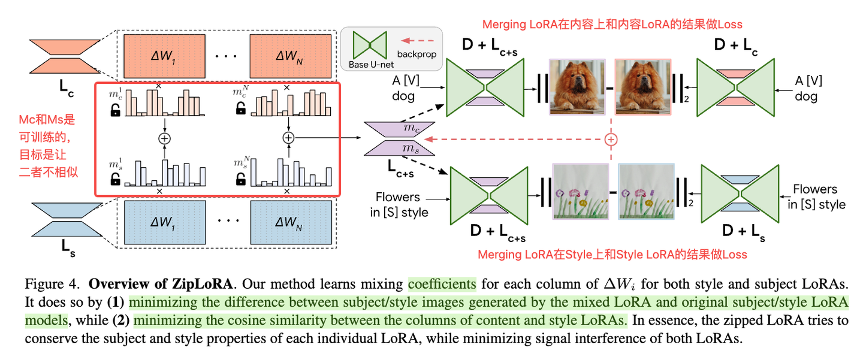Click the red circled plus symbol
coord(611,140)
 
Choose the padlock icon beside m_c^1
coord(114,109)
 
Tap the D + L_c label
coord(736,47)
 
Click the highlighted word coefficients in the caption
coord(442,283)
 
